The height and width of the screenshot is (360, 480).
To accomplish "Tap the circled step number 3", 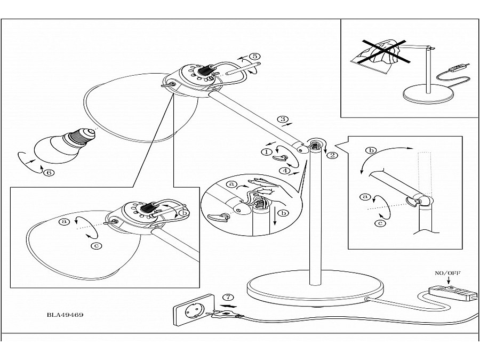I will (283, 119).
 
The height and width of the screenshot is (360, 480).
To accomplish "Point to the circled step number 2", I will (333, 155).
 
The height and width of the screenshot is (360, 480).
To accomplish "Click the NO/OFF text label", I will (447, 273).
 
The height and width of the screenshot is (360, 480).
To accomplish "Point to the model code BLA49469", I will (65, 315).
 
